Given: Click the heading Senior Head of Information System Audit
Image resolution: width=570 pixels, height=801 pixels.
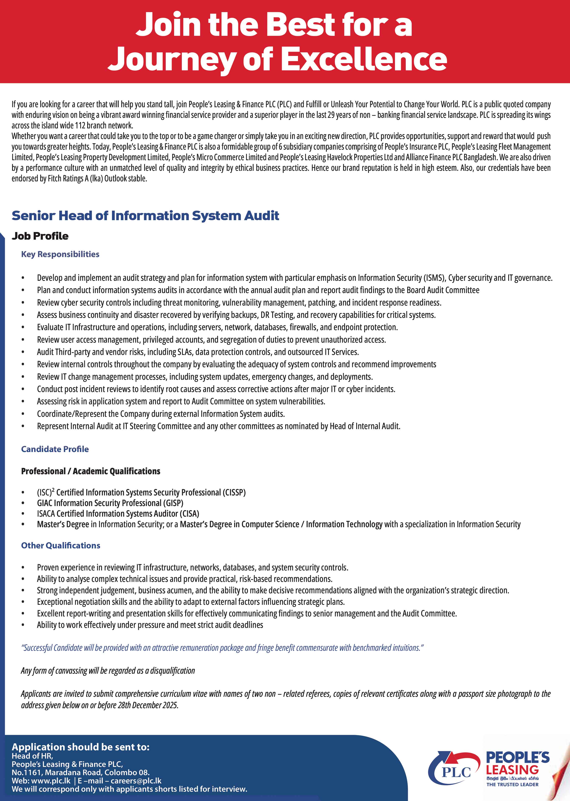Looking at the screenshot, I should click(145, 215).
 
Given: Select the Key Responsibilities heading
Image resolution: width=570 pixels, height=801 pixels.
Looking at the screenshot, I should click(60, 254).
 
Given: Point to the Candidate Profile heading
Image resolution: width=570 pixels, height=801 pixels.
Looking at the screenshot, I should click(55, 449).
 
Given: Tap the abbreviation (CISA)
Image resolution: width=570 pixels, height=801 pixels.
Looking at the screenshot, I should click(189, 514).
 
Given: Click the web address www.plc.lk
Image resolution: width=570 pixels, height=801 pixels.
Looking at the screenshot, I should click(51, 781).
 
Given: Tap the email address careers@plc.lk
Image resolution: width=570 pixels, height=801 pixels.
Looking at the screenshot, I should click(136, 781).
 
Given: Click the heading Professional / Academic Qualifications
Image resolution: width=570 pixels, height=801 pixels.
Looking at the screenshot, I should click(91, 471).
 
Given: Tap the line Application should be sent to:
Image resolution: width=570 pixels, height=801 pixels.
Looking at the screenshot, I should click(80, 747).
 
